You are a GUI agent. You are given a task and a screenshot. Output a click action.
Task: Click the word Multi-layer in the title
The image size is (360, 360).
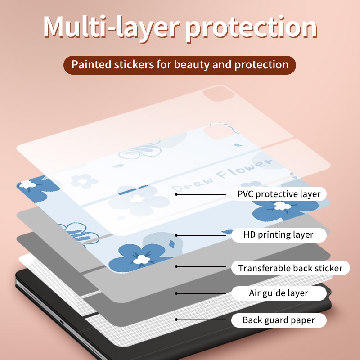coord(111,27)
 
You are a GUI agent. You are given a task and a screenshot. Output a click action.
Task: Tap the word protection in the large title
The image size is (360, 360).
coord(252,29)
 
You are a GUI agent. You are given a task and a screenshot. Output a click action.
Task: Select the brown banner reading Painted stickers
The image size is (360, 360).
coord(180,65)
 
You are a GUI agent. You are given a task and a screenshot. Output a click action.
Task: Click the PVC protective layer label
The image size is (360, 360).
coord(279,194)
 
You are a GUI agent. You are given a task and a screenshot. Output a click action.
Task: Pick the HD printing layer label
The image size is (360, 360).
coord(279,235)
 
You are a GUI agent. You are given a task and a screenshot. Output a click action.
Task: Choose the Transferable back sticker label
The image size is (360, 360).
coord(290,268)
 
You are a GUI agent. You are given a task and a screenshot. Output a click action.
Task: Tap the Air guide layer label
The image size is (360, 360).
coord(279,293)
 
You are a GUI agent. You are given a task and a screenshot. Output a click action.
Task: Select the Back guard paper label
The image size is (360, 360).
coord(279,320)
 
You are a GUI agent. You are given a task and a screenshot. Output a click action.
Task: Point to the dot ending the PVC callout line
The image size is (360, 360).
coord(176,194)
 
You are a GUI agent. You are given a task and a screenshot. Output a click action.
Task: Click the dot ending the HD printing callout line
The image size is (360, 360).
coord(176,235)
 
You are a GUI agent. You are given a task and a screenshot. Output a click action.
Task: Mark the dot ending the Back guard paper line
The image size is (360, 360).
coord(176,319)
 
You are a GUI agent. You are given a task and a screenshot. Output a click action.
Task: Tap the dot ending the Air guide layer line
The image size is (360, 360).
coord(176,293)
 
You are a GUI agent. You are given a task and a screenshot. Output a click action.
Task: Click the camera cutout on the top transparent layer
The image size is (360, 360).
coord(219,94)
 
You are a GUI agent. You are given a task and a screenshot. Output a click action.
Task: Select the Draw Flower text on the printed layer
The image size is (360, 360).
coord(222,175)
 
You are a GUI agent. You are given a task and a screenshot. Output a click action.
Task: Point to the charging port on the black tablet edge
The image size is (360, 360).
coord(62,322)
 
